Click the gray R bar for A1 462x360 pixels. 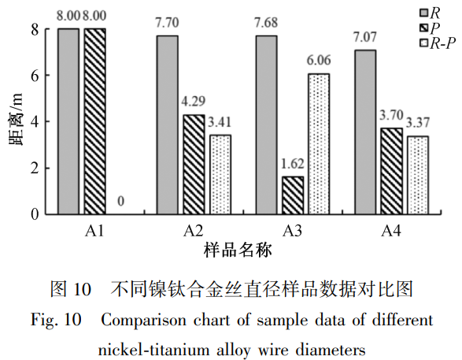click(x=68, y=121)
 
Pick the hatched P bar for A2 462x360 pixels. click(x=193, y=164)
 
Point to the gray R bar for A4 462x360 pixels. click(x=365, y=132)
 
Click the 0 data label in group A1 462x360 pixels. click(x=120, y=202)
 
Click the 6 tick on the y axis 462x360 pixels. click(x=34, y=76)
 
